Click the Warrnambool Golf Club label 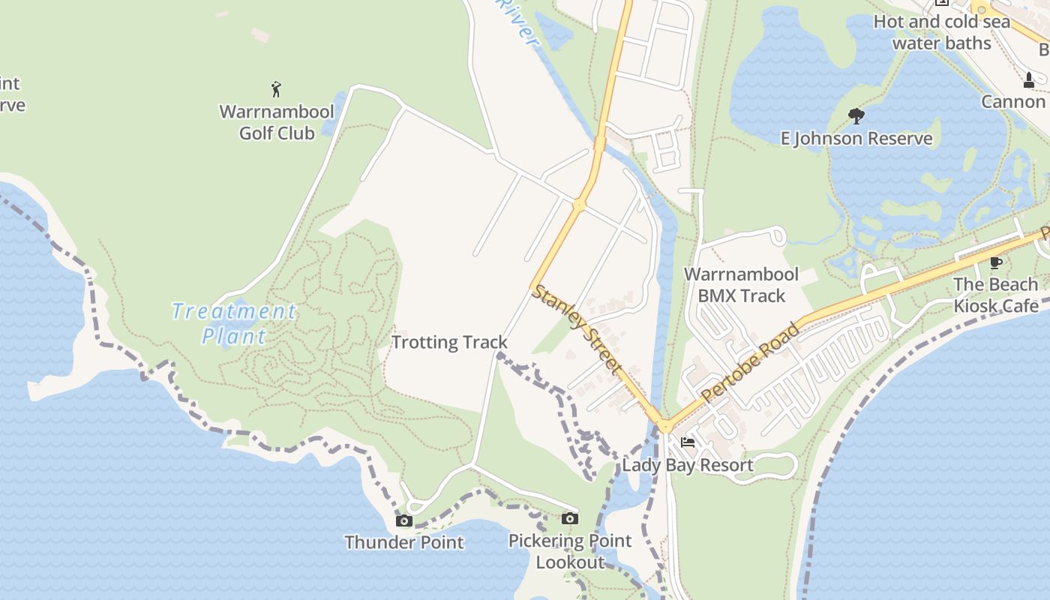(x=277, y=122)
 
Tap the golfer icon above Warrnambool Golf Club (x=276, y=89)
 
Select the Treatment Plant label (x=233, y=323)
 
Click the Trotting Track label (x=449, y=343)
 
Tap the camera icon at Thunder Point (x=404, y=520)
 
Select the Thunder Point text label (x=404, y=542)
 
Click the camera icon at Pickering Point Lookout (x=569, y=518)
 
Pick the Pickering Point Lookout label (x=570, y=551)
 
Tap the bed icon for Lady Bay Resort (x=688, y=442)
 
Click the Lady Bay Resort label (x=688, y=465)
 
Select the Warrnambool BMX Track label (x=741, y=285)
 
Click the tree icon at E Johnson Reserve (x=856, y=116)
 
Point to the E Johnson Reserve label (x=856, y=139)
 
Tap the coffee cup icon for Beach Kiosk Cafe (x=995, y=262)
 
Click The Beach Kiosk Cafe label (x=996, y=295)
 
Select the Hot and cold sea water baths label (x=942, y=32)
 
